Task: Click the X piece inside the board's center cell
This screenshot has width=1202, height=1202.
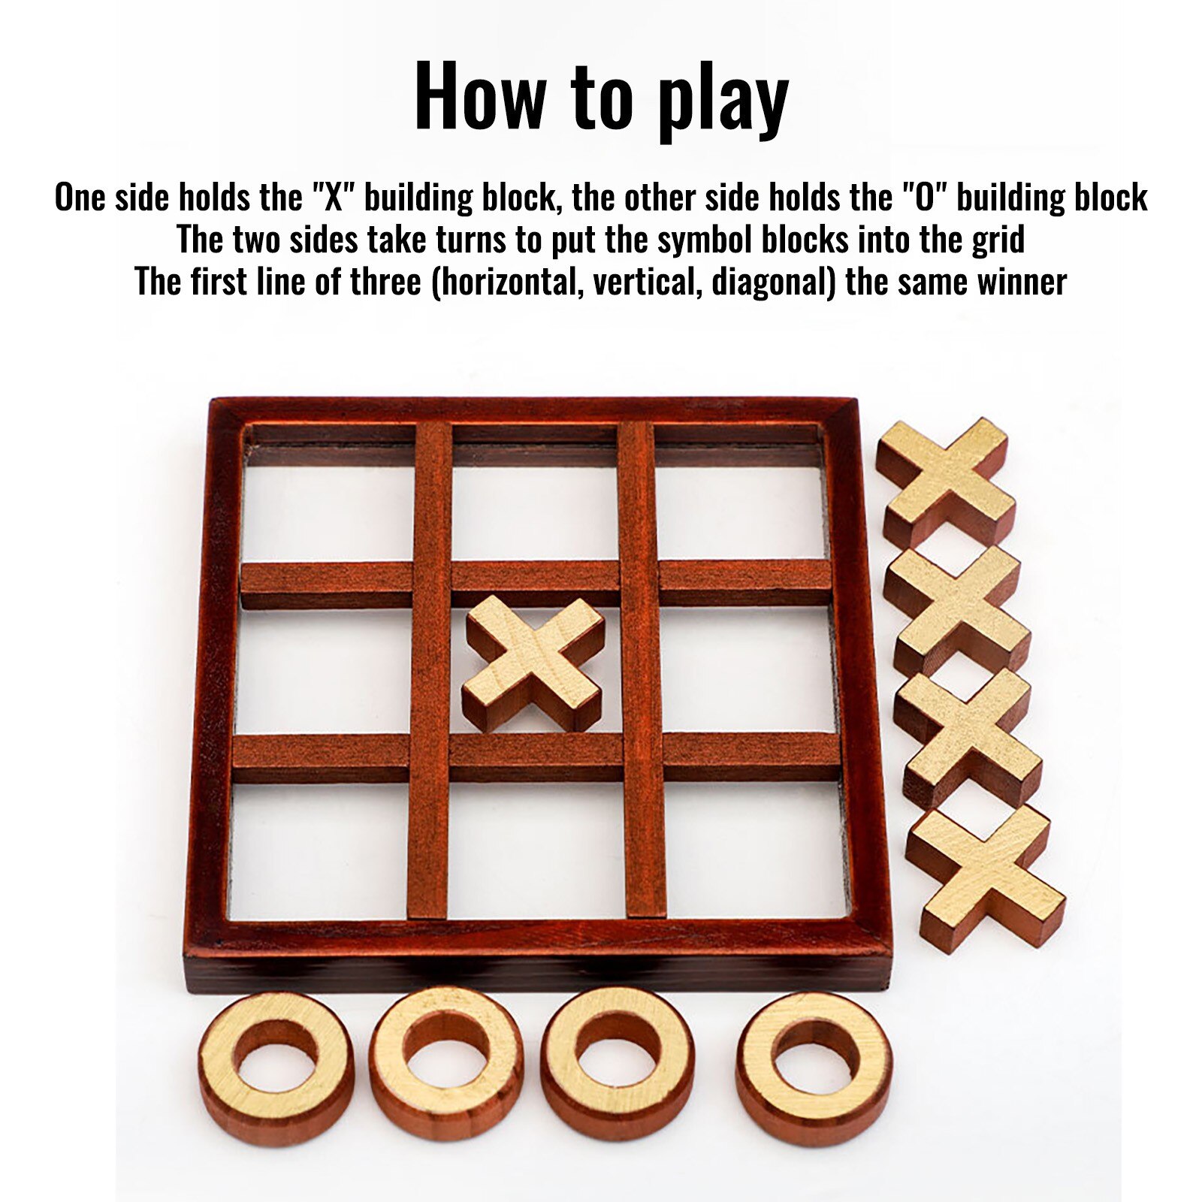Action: (x=533, y=663)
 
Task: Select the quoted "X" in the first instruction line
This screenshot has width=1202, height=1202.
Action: (x=332, y=198)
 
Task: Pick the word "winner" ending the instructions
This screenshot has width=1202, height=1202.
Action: (x=1022, y=282)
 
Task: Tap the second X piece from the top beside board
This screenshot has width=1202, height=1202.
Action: (x=956, y=610)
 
